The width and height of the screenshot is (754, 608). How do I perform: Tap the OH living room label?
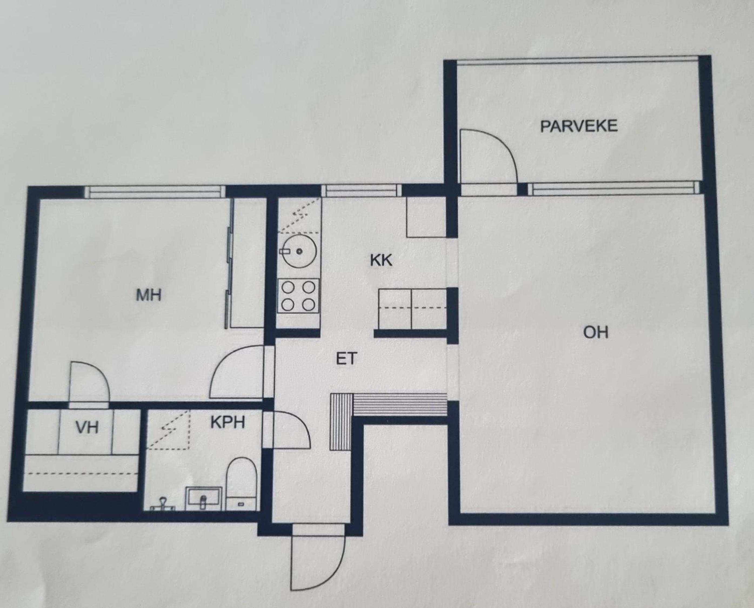596,332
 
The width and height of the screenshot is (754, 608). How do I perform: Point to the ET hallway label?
346,359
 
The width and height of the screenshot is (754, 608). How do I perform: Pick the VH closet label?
87,428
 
